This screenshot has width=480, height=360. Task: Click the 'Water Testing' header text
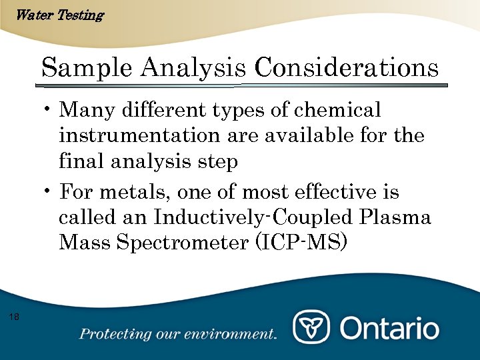click(x=59, y=15)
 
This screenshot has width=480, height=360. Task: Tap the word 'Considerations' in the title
click(x=347, y=68)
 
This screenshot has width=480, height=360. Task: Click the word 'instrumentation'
click(x=135, y=135)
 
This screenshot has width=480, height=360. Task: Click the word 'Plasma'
click(x=395, y=218)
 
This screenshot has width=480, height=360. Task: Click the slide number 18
click(x=15, y=316)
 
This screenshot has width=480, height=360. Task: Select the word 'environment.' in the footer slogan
click(x=236, y=334)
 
